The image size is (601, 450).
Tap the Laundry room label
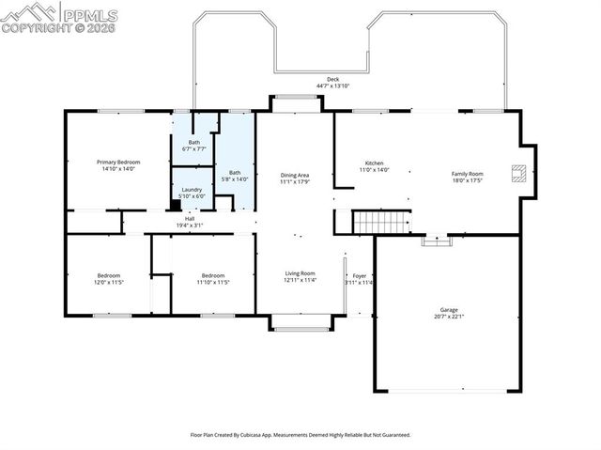click(191, 193)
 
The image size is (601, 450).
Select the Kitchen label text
click(374, 165)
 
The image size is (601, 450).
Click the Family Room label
click(467, 177)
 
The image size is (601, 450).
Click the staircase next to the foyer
click(381, 223)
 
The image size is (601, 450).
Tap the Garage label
click(448, 312)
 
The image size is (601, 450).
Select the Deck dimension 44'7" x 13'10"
click(332, 85)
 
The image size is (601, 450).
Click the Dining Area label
click(295, 178)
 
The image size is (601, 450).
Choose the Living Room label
click(300, 276)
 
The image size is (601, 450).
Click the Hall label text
click(190, 222)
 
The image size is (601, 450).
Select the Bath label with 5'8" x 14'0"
click(235, 175)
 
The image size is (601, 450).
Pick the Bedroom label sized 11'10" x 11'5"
click(213, 278)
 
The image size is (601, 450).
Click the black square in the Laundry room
click(176, 204)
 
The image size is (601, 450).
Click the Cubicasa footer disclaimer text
click(300, 435)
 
